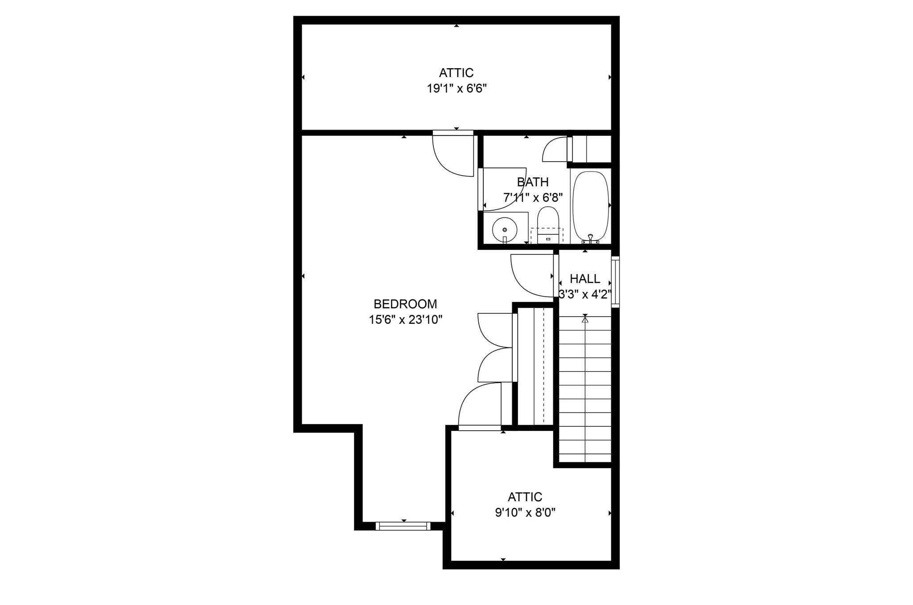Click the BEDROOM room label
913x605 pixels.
click(405, 304)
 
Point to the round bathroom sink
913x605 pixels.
click(505, 229)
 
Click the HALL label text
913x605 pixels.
click(584, 279)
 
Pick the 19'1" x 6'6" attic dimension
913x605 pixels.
click(456, 89)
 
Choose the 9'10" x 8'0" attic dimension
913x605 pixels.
click(525, 513)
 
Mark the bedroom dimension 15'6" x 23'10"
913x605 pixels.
click(405, 320)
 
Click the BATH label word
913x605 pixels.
click(532, 182)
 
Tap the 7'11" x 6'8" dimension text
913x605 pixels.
click(533, 197)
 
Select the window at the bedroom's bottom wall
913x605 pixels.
click(403, 526)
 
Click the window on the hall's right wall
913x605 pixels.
click(615, 282)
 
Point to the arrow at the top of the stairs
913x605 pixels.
click(585, 319)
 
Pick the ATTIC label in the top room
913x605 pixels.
click(456, 73)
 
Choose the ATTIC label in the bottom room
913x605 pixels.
click(525, 497)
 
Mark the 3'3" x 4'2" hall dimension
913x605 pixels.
click(584, 294)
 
